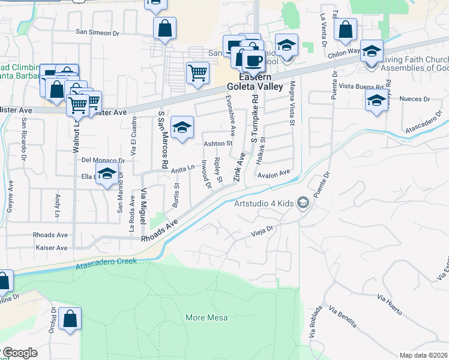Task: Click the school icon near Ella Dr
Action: click(107, 175)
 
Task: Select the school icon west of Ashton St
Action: click(182, 127)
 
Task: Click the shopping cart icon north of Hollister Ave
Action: click(197, 73)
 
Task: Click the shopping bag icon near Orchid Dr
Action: click(70, 319)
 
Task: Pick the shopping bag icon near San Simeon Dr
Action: click(164, 28)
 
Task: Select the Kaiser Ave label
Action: click(52, 247)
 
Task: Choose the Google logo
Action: click(20, 353)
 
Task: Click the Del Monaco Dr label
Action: click(103, 160)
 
